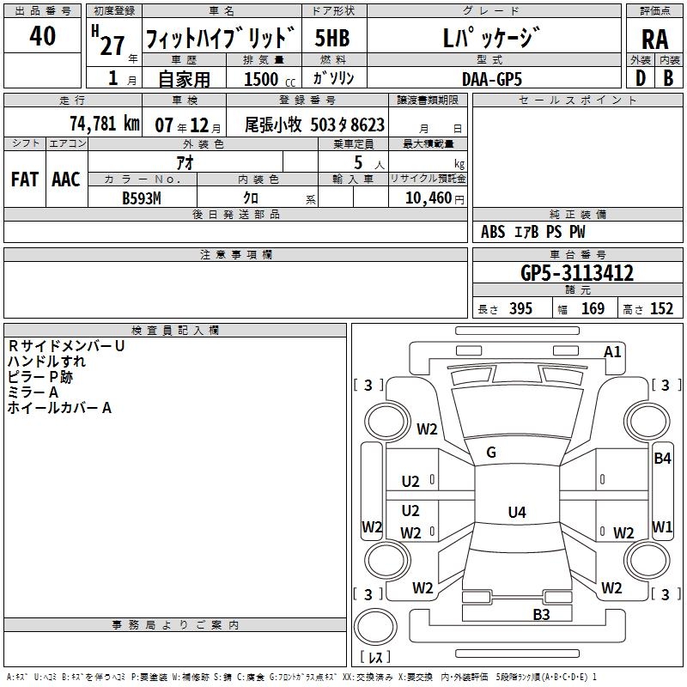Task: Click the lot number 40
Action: pos(43,37)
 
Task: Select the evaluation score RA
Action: pos(654,40)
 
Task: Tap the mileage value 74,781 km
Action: pos(104,124)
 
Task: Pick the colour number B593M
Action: pos(141,198)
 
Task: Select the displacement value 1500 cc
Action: pos(263,78)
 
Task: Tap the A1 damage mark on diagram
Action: pos(612,351)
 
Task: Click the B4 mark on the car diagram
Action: pos(662,458)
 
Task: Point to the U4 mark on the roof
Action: pos(516,513)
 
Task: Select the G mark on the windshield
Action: pos(491,453)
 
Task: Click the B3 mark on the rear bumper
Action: pos(541,613)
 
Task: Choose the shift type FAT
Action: pos(25,179)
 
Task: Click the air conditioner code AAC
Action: pos(66,179)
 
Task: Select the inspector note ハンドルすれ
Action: pos(46,362)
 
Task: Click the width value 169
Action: pos(593,309)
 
